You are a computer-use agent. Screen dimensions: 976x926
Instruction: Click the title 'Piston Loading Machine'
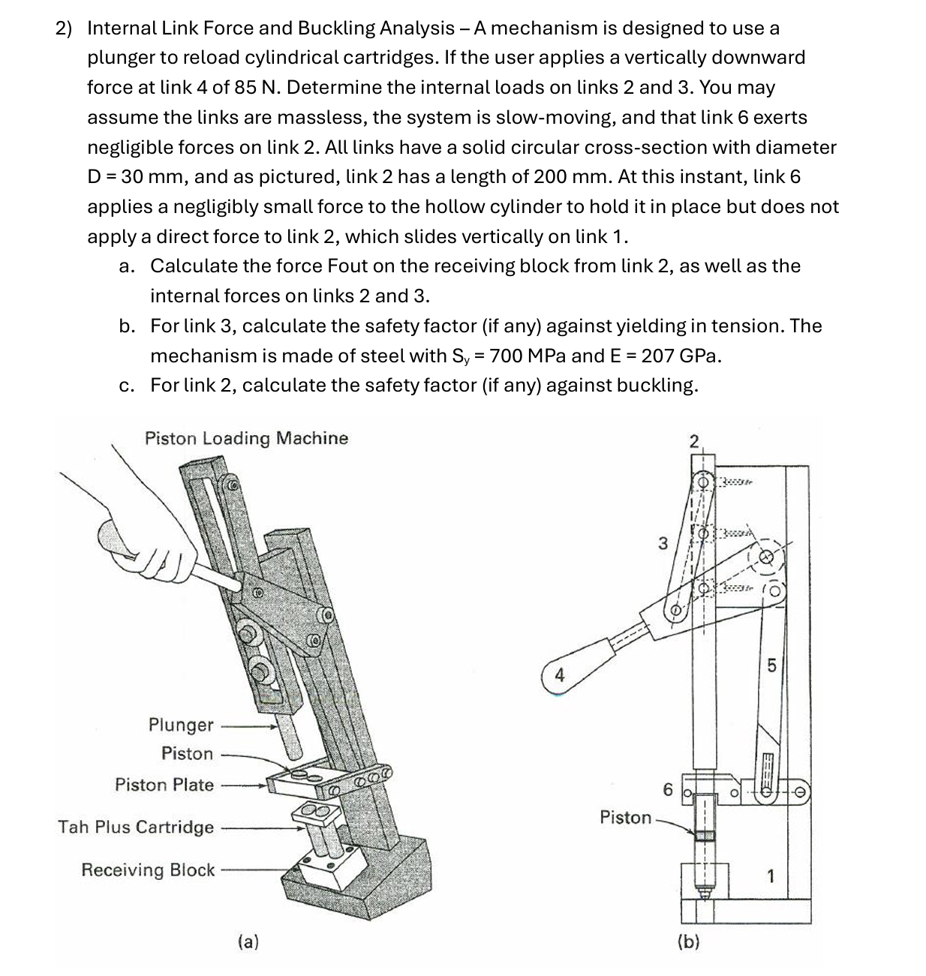[x=246, y=438]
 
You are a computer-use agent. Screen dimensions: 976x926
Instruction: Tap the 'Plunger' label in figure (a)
[x=181, y=725]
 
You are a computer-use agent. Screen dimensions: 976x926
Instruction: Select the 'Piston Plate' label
[x=164, y=785]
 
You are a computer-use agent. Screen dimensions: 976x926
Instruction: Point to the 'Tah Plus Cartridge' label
[x=136, y=827]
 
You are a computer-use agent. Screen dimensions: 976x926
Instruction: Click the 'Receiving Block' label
[x=148, y=869]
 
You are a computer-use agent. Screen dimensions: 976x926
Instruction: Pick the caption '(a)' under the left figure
[x=248, y=941]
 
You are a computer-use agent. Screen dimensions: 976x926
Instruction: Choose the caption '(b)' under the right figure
[x=688, y=941]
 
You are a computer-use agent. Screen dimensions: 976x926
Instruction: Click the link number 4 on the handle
[x=558, y=674]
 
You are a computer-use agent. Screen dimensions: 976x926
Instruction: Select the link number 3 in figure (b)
[x=662, y=542]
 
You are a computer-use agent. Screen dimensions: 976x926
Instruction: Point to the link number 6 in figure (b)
[x=668, y=789]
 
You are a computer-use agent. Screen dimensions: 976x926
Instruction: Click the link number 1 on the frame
[x=770, y=875]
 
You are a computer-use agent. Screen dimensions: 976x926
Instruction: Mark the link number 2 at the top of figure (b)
[x=694, y=440]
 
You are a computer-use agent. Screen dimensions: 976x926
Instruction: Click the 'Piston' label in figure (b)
[x=626, y=817]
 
